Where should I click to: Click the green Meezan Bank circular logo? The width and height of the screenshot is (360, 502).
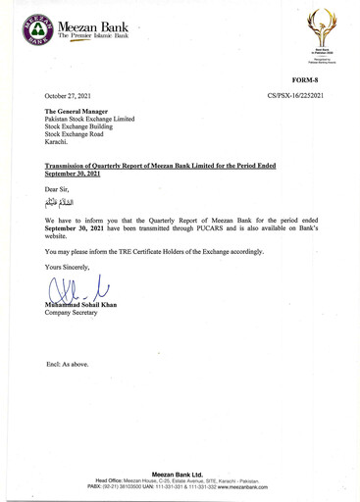(x=35, y=30)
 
